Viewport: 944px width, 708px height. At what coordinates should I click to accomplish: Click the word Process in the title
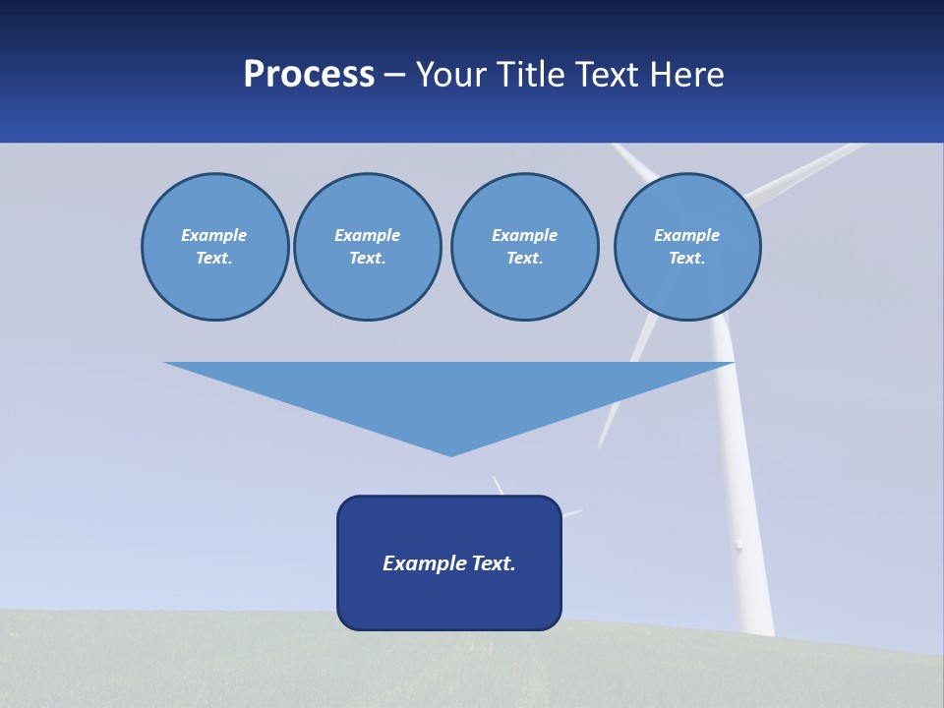coord(309,75)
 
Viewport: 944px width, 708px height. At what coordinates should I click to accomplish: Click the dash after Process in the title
coord(395,76)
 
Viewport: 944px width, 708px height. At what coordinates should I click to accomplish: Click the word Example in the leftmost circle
coord(214,235)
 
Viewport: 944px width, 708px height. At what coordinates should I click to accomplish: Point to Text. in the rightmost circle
coord(686,258)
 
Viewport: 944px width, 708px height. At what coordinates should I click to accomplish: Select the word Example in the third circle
coord(524,235)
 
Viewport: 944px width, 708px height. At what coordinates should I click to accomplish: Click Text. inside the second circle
coord(367,258)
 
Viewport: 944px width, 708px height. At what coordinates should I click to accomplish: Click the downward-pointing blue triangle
coord(449,393)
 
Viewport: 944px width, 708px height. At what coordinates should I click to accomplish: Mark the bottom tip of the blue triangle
coord(450,454)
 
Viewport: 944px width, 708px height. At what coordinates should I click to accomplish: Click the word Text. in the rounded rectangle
coord(494,563)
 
